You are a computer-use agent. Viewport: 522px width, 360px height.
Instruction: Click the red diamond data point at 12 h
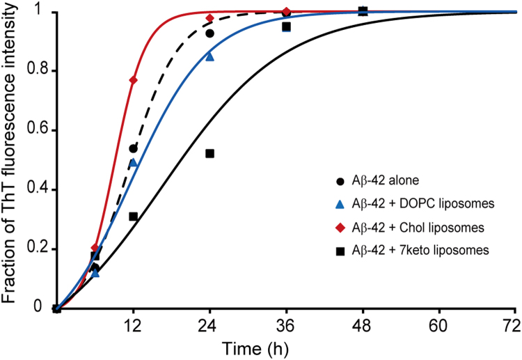pos(133,80)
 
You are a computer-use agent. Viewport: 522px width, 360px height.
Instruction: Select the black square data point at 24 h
pos(209,153)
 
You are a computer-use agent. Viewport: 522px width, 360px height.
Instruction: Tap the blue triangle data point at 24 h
pos(209,56)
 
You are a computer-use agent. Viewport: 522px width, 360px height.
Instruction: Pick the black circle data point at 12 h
pos(133,148)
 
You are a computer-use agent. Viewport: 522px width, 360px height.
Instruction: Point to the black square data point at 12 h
pos(133,217)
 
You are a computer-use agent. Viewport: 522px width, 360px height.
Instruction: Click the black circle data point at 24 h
pos(209,33)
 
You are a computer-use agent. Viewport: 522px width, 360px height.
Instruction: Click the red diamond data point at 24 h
pos(209,17)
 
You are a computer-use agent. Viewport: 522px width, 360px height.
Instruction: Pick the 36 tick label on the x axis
pos(286,324)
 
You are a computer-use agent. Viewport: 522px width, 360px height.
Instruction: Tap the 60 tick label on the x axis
pos(438,324)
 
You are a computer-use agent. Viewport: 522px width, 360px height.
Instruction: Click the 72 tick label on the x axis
pos(514,324)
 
